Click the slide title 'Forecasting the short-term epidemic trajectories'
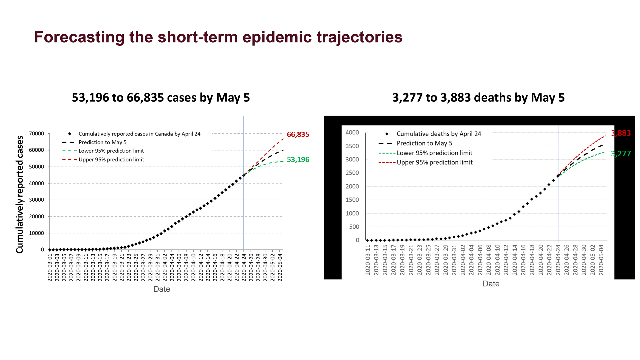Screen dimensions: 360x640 [218, 37]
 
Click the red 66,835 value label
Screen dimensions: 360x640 [298, 134]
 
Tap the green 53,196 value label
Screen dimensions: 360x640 [298, 160]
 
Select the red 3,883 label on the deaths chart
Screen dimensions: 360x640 [621, 133]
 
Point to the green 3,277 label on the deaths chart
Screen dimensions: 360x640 [621, 154]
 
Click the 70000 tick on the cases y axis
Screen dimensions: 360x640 [36, 134]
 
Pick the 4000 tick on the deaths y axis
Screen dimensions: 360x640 [352, 133]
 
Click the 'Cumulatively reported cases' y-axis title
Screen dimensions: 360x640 [20, 194]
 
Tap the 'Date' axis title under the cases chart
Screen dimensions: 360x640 [162, 289]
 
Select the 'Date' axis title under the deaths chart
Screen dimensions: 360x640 [491, 284]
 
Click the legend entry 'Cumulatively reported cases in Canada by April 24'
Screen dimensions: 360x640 [139, 134]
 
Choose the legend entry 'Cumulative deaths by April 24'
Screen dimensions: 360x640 [439, 134]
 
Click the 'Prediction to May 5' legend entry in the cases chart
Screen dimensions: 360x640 [102, 142]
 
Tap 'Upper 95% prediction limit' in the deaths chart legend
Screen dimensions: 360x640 [435, 162]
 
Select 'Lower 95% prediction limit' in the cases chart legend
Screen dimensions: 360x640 [111, 151]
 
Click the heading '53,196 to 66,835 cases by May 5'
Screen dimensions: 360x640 [161, 98]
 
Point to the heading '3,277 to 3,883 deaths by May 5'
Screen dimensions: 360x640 [478, 98]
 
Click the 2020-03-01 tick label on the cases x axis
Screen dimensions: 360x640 [50, 267]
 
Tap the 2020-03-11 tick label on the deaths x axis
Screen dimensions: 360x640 [368, 260]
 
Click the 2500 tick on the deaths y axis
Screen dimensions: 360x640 [352, 173]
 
